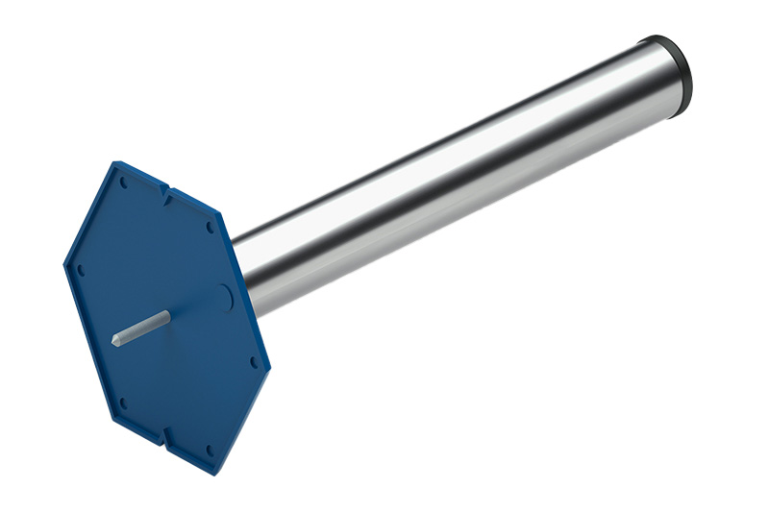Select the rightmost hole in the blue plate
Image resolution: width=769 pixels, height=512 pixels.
coord(254,362)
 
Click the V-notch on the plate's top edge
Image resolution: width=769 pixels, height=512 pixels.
coord(165,196)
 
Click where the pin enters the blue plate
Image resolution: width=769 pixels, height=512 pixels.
coord(167,315)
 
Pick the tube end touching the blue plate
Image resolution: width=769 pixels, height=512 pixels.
coord(246,274)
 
